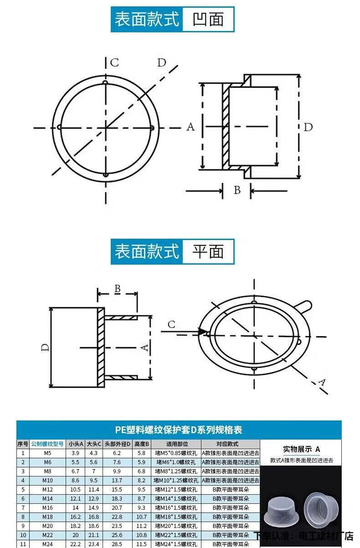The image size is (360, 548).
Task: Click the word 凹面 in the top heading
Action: tap(208, 19)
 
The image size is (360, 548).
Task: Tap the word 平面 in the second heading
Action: tap(208, 251)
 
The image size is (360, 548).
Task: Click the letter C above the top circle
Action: tap(114, 62)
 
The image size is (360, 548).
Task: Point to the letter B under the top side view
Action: tap(237, 190)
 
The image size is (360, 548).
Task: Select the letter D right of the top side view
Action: tap(309, 127)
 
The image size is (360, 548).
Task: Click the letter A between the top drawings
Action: tap(190, 127)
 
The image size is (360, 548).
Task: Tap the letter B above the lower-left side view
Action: tap(117, 288)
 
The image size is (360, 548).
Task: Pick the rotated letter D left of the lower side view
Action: tap(45, 348)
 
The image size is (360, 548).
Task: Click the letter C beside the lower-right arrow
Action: tap(171, 324)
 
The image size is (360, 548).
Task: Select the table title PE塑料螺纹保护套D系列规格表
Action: tap(178, 430)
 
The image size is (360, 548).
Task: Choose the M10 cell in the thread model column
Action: tap(47, 480)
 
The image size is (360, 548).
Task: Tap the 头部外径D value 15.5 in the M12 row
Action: tap(117, 489)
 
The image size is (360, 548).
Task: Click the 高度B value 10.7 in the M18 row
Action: tap(141, 517)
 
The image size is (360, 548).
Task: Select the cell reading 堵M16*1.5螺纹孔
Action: tap(176, 507)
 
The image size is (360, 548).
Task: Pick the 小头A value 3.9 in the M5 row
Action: tap(75, 453)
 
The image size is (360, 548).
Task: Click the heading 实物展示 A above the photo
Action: tap(301, 449)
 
